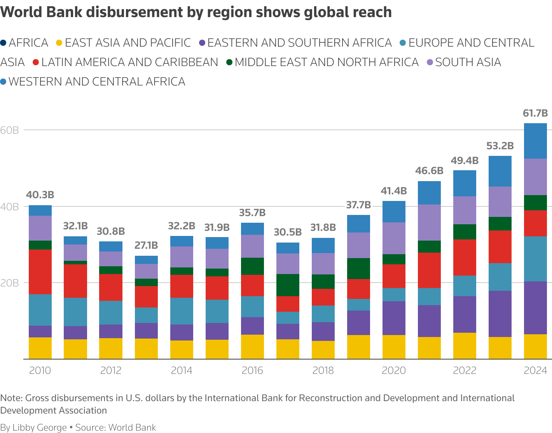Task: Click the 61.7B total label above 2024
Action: pos(535,113)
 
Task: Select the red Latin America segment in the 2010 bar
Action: pos(40,272)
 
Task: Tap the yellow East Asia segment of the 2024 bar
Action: pos(535,346)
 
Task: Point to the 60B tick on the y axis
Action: pos(10,130)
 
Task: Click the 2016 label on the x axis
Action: pos(252,370)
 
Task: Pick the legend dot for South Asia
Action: pos(430,62)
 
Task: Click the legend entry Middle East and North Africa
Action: pos(327,62)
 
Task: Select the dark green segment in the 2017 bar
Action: pos(288,285)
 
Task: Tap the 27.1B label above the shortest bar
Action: pos(146,246)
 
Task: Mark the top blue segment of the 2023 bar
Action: pos(500,171)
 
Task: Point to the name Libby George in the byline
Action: pos(40,428)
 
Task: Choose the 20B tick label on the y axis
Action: pos(10,283)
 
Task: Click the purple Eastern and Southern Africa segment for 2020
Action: pos(394,318)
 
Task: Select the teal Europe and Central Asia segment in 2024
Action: pos(535,258)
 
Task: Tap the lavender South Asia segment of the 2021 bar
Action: pos(429,222)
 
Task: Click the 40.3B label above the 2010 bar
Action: pos(40,195)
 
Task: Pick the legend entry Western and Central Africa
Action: pos(97,82)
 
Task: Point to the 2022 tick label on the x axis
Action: pos(465,370)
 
